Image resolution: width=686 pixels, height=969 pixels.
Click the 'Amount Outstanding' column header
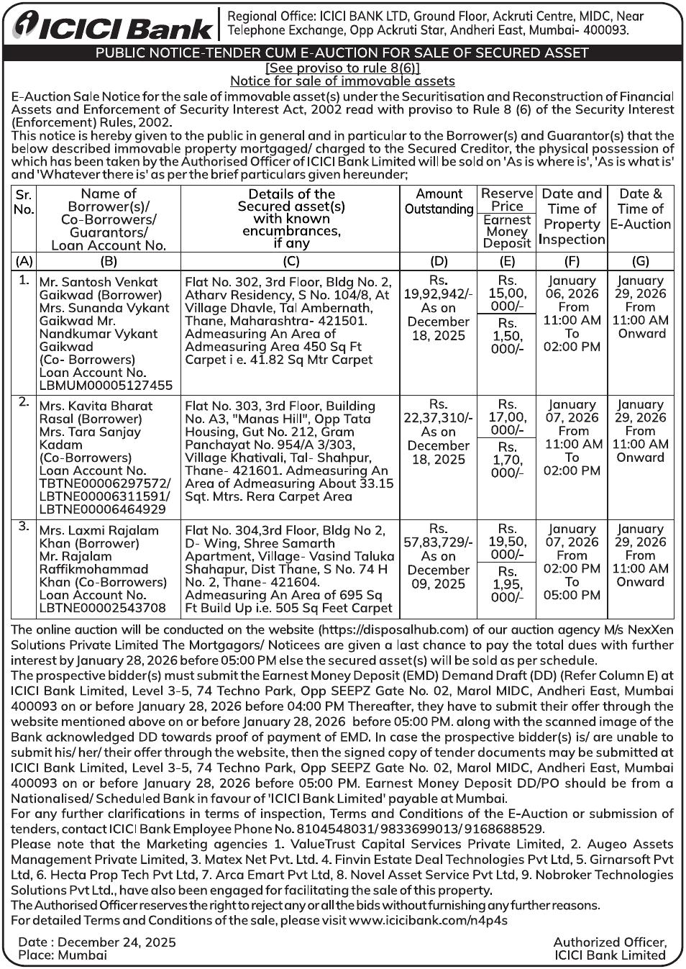click(x=439, y=201)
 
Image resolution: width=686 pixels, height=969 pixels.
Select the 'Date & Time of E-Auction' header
click(x=640, y=209)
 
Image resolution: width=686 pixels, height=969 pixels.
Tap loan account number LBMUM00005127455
click(x=106, y=385)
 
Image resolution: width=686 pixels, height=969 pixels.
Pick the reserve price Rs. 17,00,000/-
click(x=507, y=417)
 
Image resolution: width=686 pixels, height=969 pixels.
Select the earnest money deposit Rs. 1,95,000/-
click(x=507, y=584)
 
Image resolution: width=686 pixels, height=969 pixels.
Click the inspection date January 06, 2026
click(x=572, y=287)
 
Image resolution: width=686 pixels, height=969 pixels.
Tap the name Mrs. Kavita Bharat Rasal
click(x=96, y=412)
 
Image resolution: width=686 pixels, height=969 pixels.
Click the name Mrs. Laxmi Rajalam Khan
click(x=99, y=537)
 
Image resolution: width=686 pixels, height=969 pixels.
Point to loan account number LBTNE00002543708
click(x=102, y=608)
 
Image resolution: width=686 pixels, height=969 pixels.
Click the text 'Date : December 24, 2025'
click(x=96, y=942)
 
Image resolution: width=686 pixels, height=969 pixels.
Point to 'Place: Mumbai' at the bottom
click(x=63, y=955)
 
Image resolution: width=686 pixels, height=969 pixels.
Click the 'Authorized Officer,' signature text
click(x=610, y=942)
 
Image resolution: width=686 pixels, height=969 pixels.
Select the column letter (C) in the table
click(x=291, y=261)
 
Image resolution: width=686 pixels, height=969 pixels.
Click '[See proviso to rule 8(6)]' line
click(x=342, y=68)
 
